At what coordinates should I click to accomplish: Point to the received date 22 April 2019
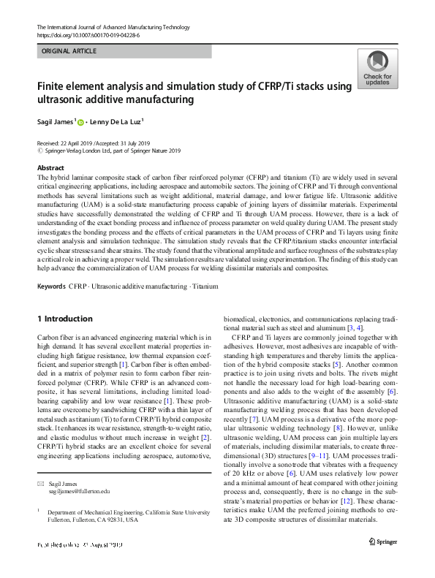click(x=75, y=143)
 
